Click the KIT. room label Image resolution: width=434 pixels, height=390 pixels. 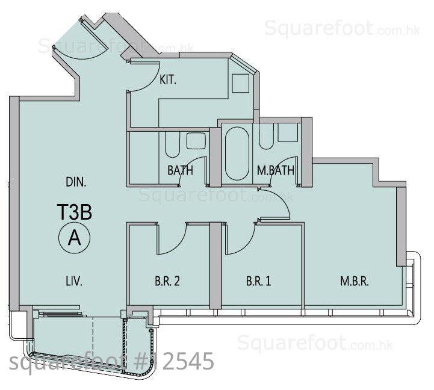point(168,80)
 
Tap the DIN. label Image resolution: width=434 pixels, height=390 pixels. point(76,182)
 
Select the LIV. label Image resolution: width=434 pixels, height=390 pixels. point(74,282)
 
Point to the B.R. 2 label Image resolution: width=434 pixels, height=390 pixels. point(167,281)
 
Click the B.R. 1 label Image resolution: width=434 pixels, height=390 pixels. point(258,281)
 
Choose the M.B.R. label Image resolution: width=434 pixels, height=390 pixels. point(355,282)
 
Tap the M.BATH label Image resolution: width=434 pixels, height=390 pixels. point(276,170)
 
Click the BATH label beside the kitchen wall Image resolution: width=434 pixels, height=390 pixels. point(180,170)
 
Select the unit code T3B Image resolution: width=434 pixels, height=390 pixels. point(75,212)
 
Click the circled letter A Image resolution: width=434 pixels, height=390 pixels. point(75,238)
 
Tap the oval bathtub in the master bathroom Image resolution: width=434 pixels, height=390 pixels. point(237,153)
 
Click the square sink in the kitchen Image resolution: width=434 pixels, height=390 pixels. point(241,83)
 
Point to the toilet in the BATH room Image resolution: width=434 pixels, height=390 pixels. point(172,144)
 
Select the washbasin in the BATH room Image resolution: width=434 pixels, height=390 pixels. point(196,141)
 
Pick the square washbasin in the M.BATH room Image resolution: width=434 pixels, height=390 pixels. point(288,132)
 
